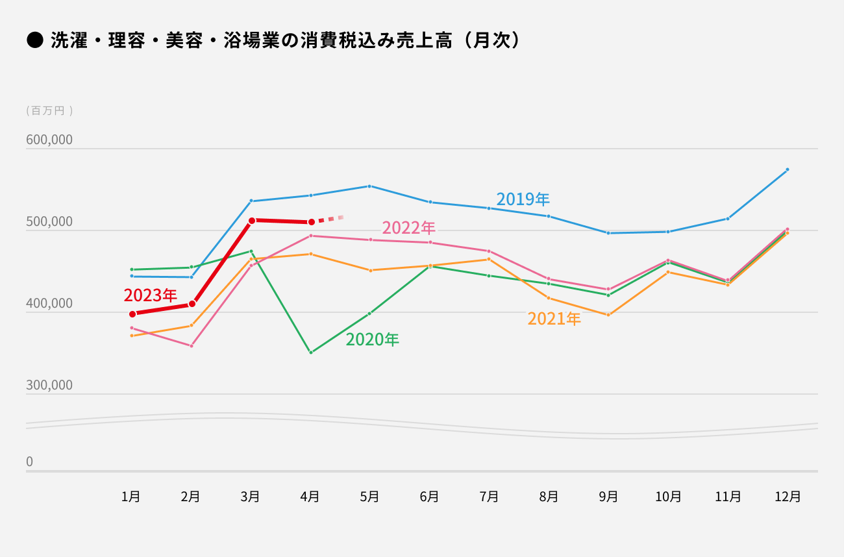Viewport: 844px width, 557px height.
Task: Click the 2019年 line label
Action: [x=523, y=199]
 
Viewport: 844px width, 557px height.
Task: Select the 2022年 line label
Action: [x=408, y=228]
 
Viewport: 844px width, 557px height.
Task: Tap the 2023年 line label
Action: [x=150, y=295]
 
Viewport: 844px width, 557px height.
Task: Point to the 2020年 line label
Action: [x=372, y=339]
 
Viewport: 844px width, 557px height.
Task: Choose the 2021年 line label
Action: [x=554, y=319]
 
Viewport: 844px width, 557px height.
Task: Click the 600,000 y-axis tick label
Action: [x=49, y=140]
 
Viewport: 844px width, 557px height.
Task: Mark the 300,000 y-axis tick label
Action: [x=49, y=386]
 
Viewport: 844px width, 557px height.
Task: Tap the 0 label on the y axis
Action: [x=29, y=462]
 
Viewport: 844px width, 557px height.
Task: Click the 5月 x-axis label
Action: [x=369, y=497]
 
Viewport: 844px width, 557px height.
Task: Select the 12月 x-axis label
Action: [x=788, y=497]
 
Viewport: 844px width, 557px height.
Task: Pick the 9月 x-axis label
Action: [x=608, y=497]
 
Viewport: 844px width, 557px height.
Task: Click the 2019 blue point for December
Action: [x=788, y=169]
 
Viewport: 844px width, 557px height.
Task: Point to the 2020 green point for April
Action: [x=311, y=353]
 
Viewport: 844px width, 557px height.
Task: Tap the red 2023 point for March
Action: [x=252, y=220]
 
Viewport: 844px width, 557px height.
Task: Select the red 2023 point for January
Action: [x=132, y=314]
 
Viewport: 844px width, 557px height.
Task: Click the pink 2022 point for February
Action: [x=192, y=346]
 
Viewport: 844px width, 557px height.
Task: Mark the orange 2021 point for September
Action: [x=608, y=315]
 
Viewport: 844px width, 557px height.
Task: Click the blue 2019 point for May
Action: [x=369, y=186]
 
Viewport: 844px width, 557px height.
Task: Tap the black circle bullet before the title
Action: [x=34, y=41]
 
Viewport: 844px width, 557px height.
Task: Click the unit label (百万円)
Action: [x=49, y=111]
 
